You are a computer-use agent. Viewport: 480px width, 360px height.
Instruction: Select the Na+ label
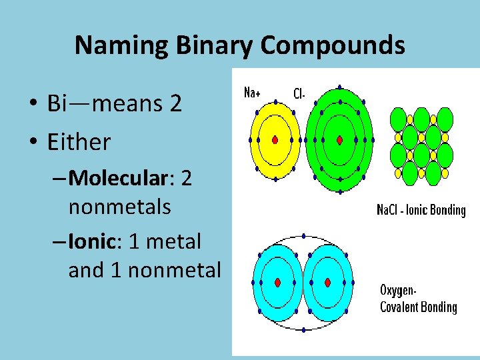[252, 93]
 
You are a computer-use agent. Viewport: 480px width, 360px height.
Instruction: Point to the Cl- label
[299, 94]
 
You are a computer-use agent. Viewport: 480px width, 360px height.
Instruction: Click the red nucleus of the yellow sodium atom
[275, 140]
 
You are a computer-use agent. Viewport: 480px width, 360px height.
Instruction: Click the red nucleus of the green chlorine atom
[339, 140]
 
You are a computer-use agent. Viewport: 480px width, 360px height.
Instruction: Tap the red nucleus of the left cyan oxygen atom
[276, 282]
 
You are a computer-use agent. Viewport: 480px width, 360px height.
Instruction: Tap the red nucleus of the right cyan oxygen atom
[327, 282]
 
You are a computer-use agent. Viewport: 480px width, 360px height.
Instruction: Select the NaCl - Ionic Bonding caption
[421, 211]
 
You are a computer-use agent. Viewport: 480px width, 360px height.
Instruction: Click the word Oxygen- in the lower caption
[399, 291]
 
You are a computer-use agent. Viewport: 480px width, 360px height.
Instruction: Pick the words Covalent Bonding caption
[418, 307]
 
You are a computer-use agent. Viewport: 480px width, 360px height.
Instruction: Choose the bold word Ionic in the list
[91, 241]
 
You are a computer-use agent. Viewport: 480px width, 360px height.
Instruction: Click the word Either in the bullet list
[79, 142]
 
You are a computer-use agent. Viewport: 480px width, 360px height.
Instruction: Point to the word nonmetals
[119, 207]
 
